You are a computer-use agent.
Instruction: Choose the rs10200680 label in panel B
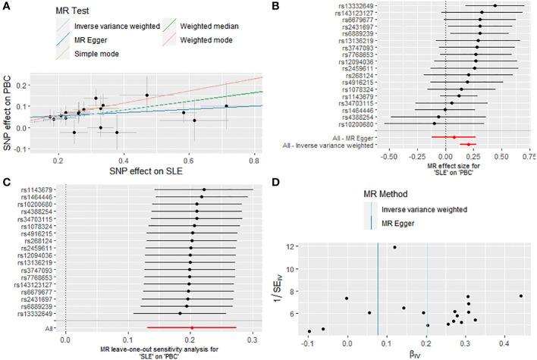(x=344, y=123)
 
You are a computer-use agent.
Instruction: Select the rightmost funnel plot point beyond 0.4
(x=520, y=296)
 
